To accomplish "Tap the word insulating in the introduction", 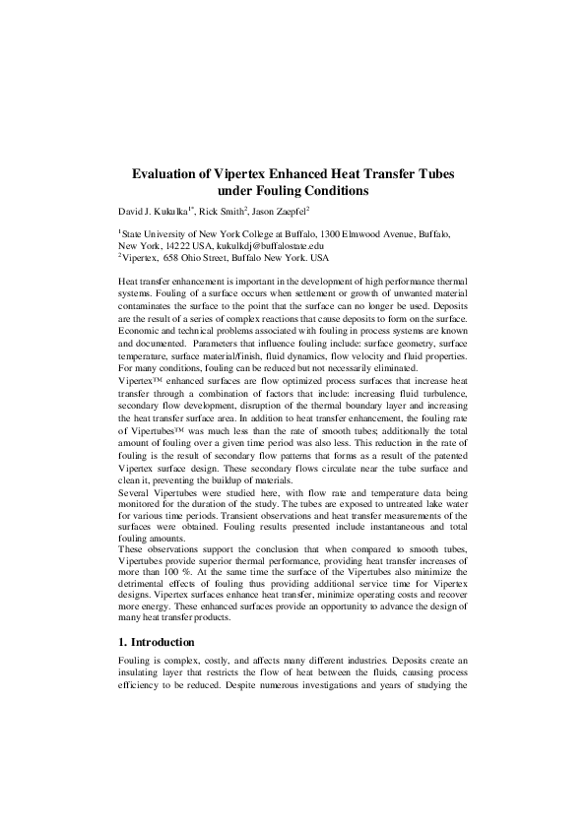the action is tap(142, 673).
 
